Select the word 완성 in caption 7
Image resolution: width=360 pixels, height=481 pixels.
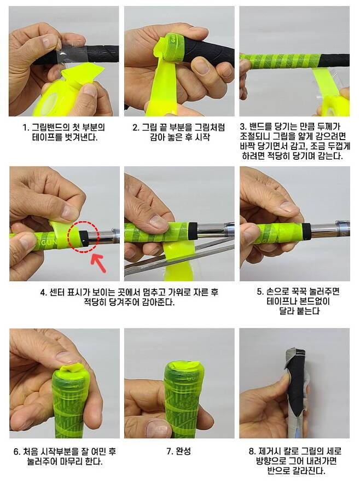click(x=183, y=451)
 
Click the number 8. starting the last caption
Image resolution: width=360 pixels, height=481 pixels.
click(x=252, y=451)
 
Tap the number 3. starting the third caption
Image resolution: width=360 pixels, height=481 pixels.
click(x=243, y=126)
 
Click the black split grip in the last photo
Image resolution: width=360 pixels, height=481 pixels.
click(x=295, y=384)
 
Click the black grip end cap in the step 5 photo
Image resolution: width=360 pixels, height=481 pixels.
click(x=306, y=231)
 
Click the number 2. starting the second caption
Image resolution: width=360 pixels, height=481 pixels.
click(x=136, y=128)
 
